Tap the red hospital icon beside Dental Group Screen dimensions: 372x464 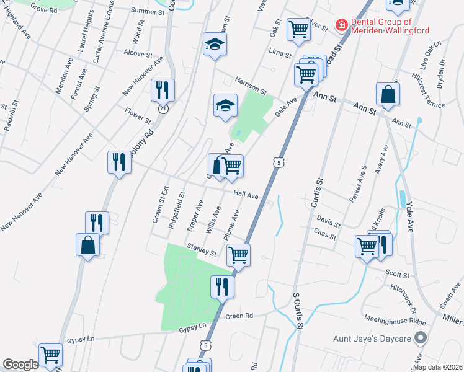[x=341, y=25]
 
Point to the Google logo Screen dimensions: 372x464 [x=20, y=365]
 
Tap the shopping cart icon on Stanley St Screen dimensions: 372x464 [x=238, y=254]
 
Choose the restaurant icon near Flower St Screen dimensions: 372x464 [x=163, y=91]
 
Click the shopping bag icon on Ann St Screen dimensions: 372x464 [x=388, y=94]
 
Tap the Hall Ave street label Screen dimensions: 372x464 [x=246, y=195]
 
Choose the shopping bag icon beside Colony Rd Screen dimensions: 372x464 [x=88, y=244]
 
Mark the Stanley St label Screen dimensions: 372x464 [x=202, y=249]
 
